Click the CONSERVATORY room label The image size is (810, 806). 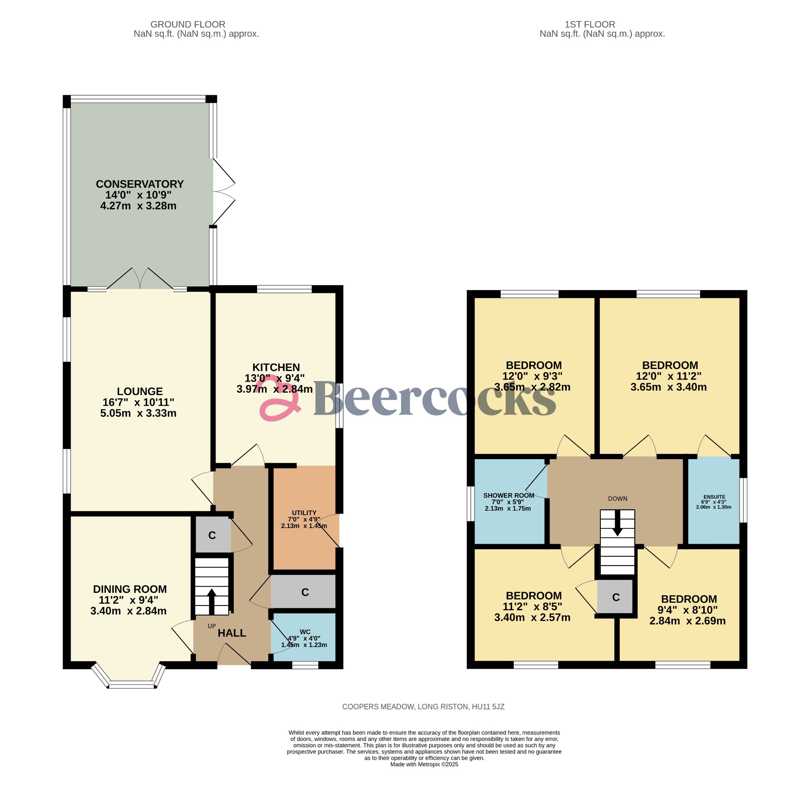tap(140, 184)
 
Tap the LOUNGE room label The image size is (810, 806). tap(140, 392)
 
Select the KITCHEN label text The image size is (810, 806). tap(276, 367)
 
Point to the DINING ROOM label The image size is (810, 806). tap(130, 589)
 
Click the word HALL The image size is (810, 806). tap(232, 633)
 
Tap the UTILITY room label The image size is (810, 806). tap(304, 513)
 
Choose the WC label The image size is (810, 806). tap(305, 632)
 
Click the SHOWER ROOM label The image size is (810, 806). tap(509, 496)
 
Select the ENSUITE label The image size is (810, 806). tap(713, 497)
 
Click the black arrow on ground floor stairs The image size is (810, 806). tap(211, 602)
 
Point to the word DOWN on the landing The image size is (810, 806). tap(617, 499)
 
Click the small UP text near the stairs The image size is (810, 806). tap(212, 626)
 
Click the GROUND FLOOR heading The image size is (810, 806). tap(188, 24)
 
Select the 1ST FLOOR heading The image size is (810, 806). tap(590, 24)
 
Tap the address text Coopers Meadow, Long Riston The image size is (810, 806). tap(424, 707)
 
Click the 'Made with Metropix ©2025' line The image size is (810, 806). tap(424, 764)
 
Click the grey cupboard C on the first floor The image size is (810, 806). tap(615, 597)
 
